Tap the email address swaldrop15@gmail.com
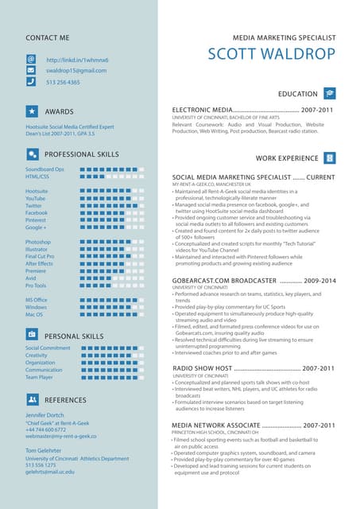(75, 71)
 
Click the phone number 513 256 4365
(63, 82)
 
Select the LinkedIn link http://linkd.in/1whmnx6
(78, 60)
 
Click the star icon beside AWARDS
(31, 111)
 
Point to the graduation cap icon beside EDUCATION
(330, 94)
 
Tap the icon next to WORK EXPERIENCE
(330, 158)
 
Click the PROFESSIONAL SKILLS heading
(82, 154)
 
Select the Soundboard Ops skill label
(45, 169)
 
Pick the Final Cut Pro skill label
(40, 256)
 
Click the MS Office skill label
(37, 300)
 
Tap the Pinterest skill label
(37, 220)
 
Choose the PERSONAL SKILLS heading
(75, 336)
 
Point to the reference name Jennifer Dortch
(45, 416)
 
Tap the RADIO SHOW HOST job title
(202, 368)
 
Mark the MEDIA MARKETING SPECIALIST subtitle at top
(283, 37)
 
